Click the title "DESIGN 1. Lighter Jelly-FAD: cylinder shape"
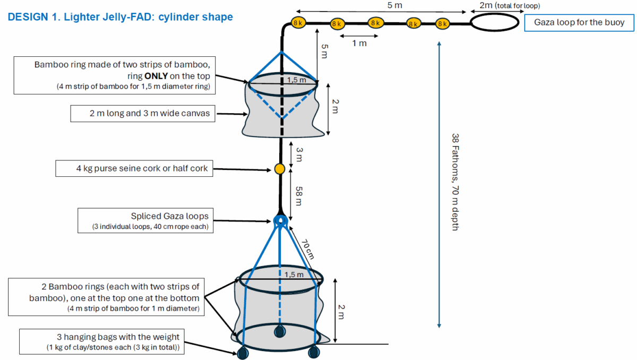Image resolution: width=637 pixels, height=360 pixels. click(x=120, y=17)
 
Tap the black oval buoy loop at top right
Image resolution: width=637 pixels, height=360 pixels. click(x=494, y=23)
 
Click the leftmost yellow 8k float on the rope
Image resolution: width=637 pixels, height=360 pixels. click(x=298, y=22)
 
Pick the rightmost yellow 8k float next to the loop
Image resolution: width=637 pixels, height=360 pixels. click(x=443, y=23)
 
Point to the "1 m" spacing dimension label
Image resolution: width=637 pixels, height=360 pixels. click(x=359, y=43)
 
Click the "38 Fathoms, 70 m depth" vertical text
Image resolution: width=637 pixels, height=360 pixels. click(x=455, y=181)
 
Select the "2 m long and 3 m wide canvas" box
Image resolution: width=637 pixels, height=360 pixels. click(x=143, y=113)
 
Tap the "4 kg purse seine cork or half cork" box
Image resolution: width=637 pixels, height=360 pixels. click(x=135, y=169)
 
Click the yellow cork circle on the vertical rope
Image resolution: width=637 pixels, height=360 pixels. click(x=279, y=169)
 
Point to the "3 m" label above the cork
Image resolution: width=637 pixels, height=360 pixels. click(x=299, y=155)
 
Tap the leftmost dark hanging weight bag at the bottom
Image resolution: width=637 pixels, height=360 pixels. click(x=243, y=353)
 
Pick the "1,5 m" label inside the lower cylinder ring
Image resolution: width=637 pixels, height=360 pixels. click(x=294, y=275)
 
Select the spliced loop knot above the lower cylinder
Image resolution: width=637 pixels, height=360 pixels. click(x=280, y=220)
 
